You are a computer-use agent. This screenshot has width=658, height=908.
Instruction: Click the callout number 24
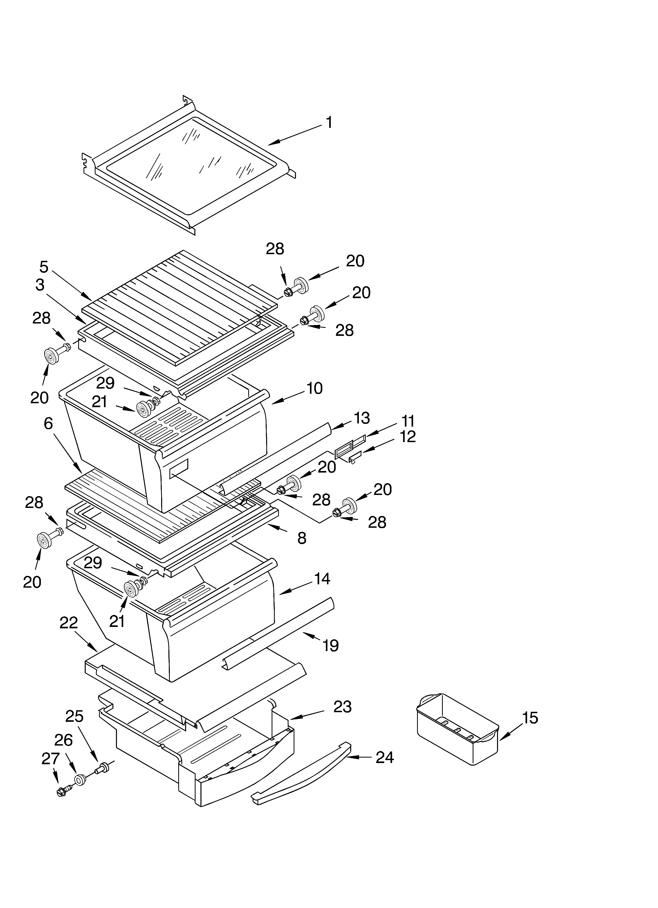coord(385,758)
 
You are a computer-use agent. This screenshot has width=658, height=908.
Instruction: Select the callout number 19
coord(331,645)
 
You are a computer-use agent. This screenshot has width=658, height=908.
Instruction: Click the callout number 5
coord(44,267)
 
